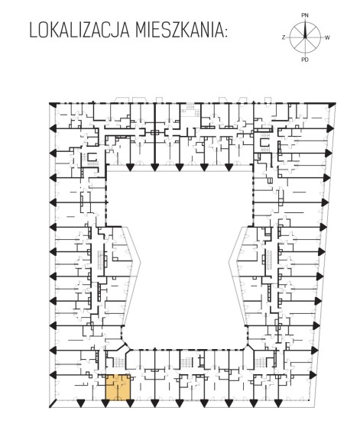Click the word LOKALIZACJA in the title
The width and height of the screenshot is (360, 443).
[x=79, y=31]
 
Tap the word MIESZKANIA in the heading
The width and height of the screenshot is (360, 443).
[x=177, y=31]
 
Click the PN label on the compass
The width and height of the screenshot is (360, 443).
[x=304, y=15]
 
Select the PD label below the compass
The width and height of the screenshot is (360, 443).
[x=304, y=60]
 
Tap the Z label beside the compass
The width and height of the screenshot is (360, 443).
[x=284, y=37]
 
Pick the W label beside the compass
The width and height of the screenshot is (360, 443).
[x=327, y=37]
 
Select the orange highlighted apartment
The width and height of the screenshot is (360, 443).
[x=118, y=387]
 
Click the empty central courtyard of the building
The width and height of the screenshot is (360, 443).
[x=180, y=254]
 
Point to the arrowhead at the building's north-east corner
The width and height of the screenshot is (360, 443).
[x=332, y=104]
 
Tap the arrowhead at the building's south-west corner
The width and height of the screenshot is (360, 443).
[x=52, y=404]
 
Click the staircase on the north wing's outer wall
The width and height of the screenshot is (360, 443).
[x=188, y=110]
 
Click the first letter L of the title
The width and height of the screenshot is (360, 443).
[x=33, y=31]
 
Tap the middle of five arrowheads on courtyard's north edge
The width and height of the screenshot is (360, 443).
[x=179, y=167]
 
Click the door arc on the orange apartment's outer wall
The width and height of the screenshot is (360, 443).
[x=118, y=398]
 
